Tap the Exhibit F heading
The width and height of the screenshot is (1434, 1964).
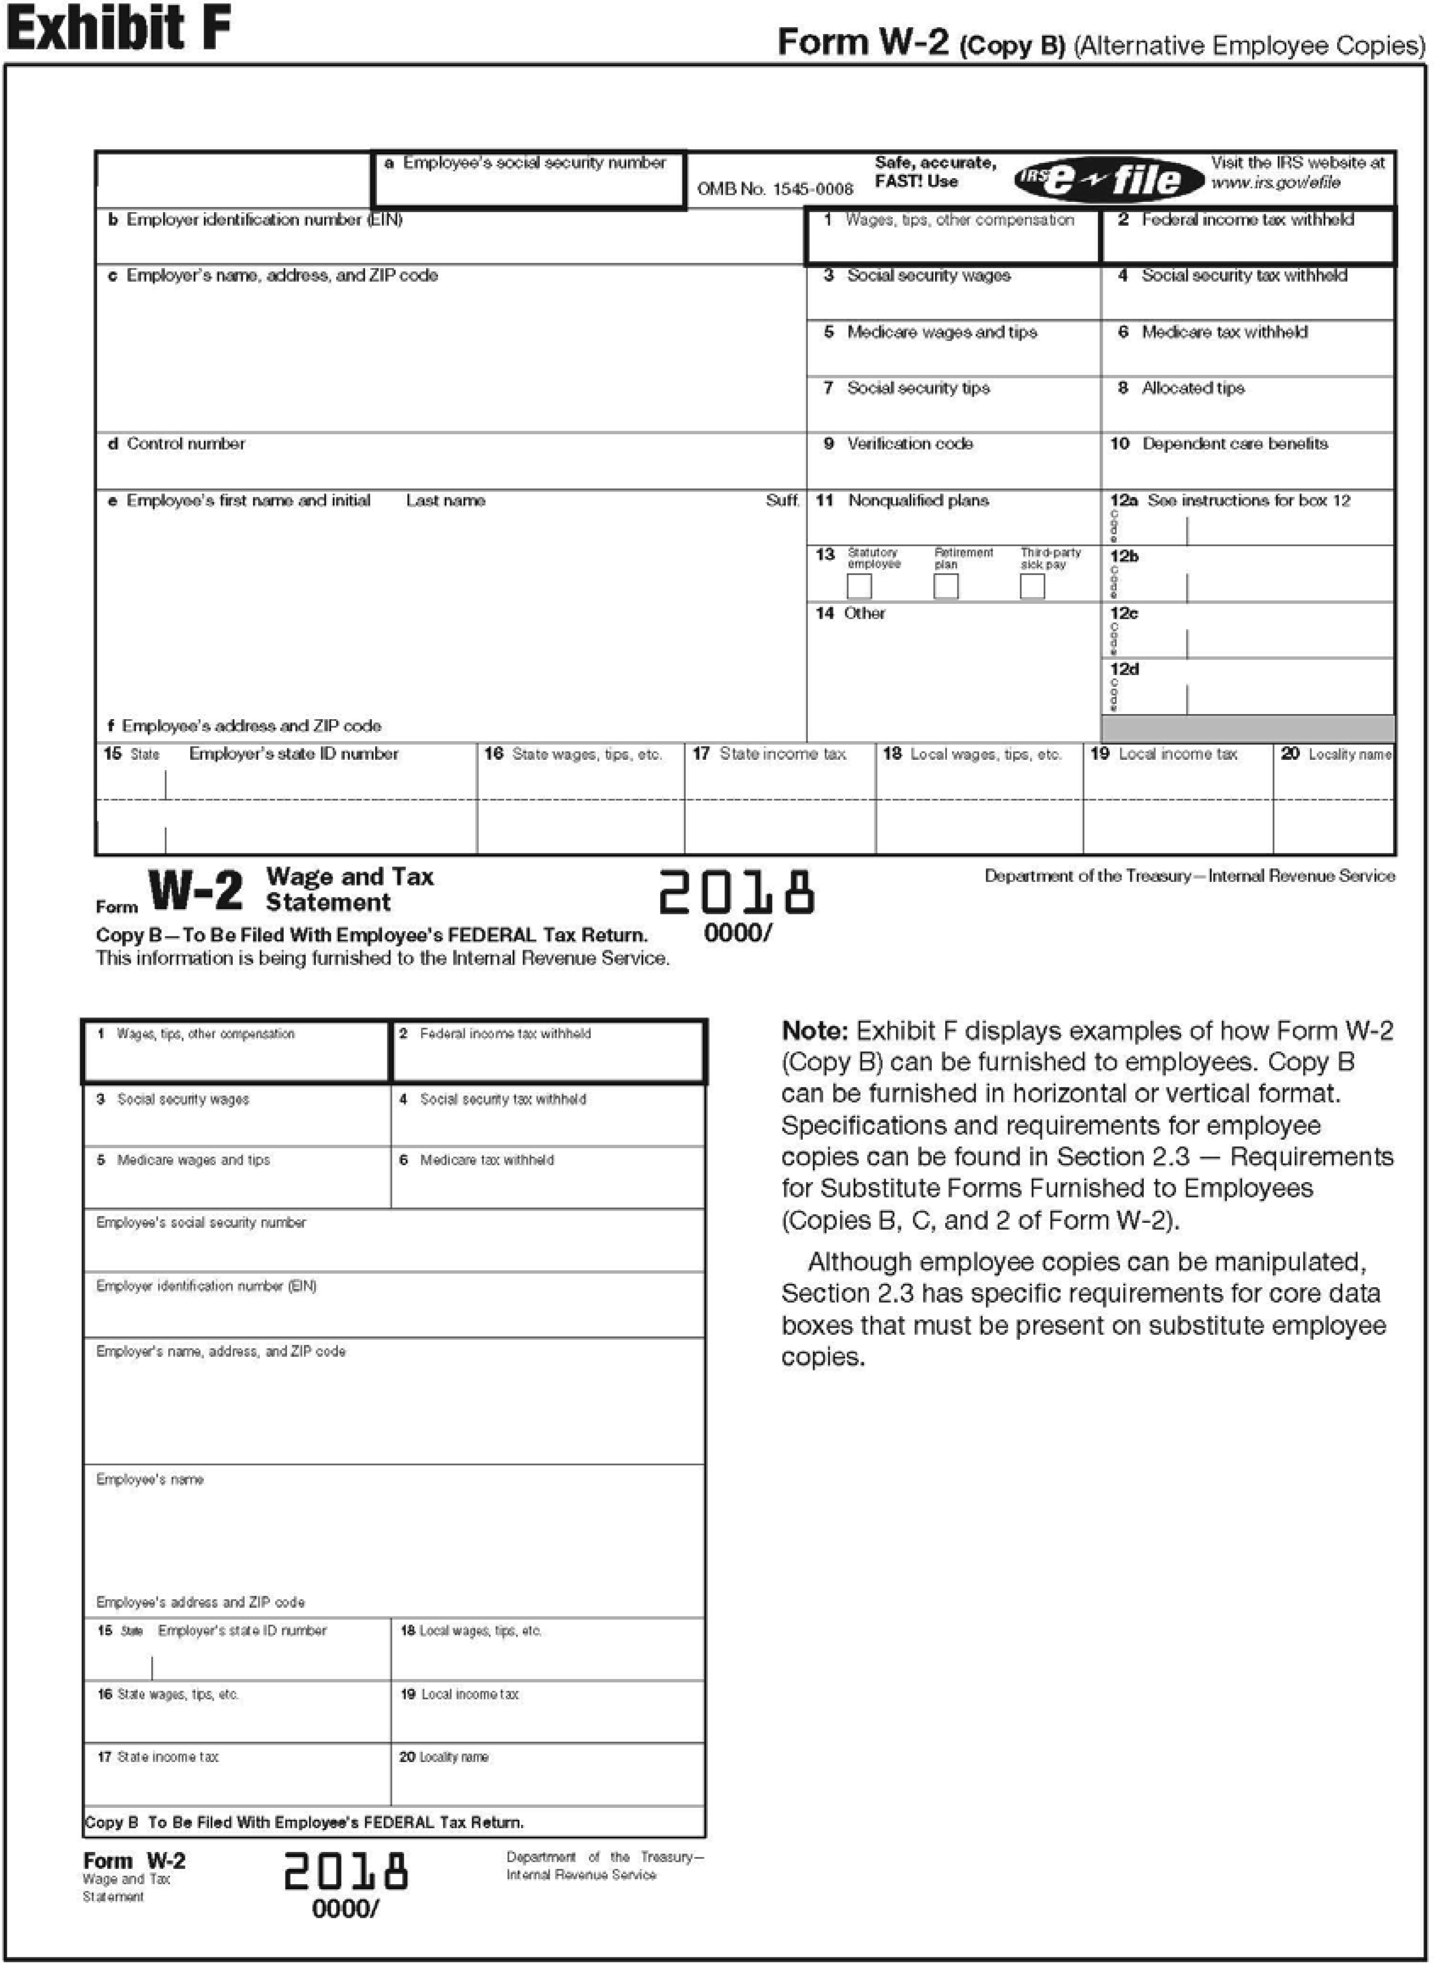tap(119, 29)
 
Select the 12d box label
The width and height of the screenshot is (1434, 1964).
tap(1124, 670)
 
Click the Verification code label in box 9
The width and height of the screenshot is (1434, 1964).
tap(910, 444)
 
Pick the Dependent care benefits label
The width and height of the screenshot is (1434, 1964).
tap(1234, 444)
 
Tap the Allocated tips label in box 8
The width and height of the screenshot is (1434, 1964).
tap(1193, 388)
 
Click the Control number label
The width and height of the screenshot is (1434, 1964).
tap(186, 444)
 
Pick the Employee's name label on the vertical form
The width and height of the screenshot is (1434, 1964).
tap(150, 1479)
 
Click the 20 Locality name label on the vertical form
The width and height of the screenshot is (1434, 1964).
tap(444, 1757)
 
